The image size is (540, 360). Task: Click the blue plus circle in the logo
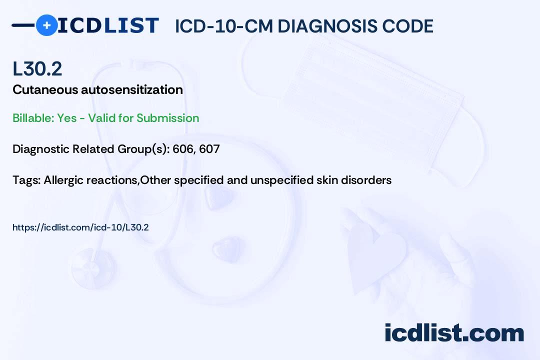(x=46, y=25)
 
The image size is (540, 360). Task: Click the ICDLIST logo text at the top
(x=108, y=25)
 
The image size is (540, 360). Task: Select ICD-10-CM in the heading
(x=223, y=26)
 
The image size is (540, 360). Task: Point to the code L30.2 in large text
(x=37, y=68)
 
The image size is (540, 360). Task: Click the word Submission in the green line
(x=167, y=118)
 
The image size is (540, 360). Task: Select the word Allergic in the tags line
(x=62, y=180)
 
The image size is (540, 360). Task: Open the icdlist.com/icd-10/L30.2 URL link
(x=80, y=227)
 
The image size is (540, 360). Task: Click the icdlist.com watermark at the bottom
(x=454, y=333)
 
